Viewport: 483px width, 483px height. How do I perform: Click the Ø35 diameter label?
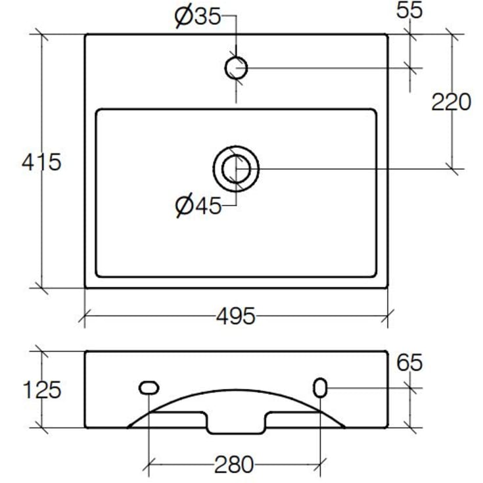click(198, 17)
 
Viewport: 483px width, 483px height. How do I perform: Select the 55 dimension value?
click(409, 10)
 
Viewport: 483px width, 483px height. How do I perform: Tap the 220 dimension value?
click(451, 102)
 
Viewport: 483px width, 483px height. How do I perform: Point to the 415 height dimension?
click(41, 162)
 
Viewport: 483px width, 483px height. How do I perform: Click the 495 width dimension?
click(236, 315)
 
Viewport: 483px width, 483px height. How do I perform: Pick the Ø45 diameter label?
click(198, 206)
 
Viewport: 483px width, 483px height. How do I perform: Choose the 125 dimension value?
click(42, 390)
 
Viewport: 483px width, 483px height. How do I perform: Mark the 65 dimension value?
click(409, 363)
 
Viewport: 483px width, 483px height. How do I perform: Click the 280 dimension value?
click(234, 465)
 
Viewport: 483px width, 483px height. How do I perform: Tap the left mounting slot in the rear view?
click(149, 388)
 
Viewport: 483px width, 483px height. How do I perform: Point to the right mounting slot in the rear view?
click(321, 388)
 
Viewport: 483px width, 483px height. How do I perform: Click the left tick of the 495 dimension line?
click(84, 316)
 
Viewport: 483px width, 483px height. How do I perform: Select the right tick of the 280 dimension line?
click(321, 465)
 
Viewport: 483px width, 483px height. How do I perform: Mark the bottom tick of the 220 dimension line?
click(452, 169)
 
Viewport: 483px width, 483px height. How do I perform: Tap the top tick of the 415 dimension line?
click(41, 34)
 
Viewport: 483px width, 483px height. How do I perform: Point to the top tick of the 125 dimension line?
click(41, 351)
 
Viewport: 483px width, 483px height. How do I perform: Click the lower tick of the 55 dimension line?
click(410, 68)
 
